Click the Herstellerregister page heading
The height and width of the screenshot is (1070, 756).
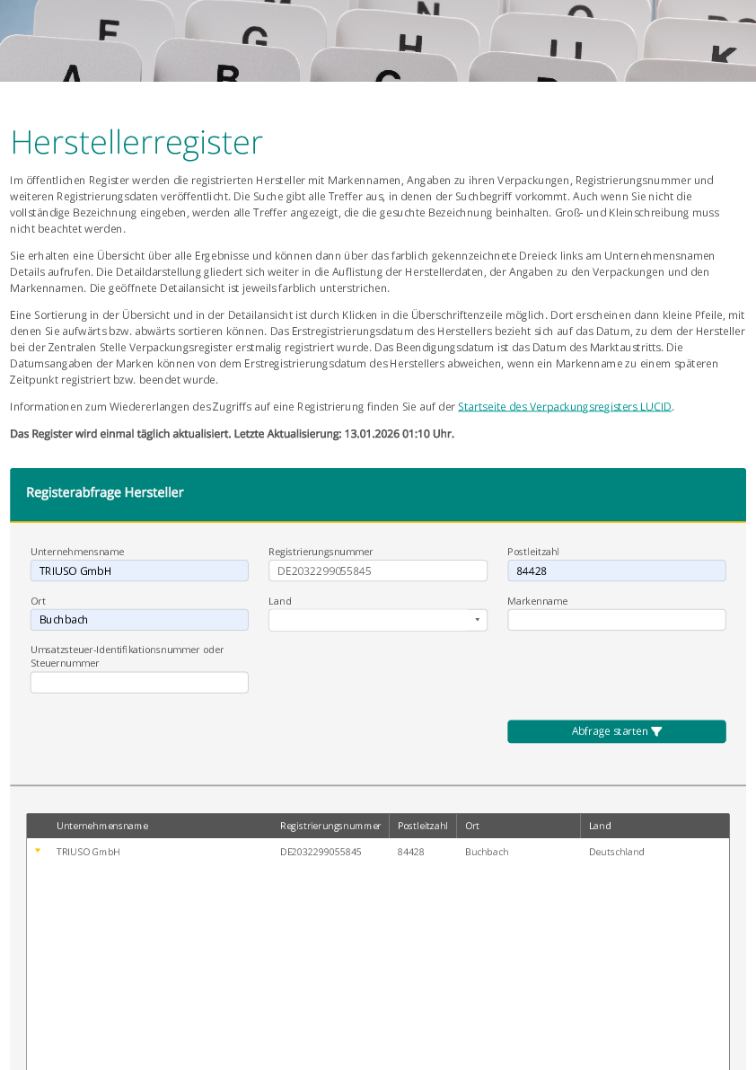(136, 143)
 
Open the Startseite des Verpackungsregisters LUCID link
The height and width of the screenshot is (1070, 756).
(564, 407)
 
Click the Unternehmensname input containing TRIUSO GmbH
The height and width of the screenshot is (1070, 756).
(139, 570)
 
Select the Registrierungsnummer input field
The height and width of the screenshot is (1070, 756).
(377, 570)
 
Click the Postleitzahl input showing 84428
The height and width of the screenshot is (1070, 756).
(616, 570)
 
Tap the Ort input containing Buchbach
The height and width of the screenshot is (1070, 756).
(139, 620)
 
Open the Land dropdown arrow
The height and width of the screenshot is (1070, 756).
(478, 620)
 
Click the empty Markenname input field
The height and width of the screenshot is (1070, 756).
(616, 620)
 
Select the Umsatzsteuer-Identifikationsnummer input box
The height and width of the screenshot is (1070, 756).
(139, 683)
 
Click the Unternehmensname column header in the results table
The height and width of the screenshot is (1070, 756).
(102, 826)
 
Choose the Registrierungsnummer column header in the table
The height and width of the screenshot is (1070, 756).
(330, 826)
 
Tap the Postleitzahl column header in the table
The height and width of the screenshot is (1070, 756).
(422, 826)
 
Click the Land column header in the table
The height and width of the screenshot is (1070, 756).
(600, 826)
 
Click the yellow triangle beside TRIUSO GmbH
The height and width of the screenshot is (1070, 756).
(38, 850)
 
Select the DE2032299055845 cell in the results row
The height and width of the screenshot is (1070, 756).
(321, 852)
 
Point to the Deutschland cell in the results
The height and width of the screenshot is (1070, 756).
(616, 852)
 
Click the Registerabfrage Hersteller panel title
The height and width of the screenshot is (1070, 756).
(105, 492)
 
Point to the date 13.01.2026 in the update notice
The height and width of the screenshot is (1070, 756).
(370, 434)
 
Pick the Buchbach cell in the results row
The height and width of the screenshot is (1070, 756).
(487, 852)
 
